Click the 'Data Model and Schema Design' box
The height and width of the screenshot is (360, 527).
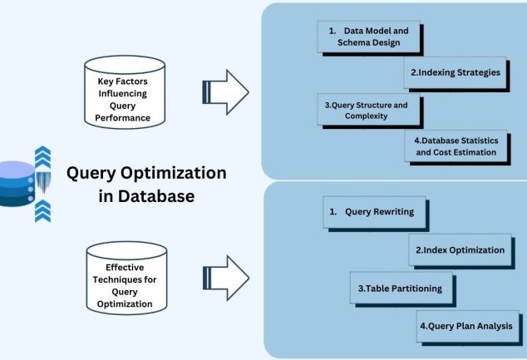click(368, 37)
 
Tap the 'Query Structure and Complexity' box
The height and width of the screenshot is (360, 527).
click(367, 111)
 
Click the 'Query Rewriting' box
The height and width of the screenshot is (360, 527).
click(374, 212)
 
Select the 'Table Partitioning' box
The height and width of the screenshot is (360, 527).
click(398, 288)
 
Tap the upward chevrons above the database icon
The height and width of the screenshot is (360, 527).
click(42, 155)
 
